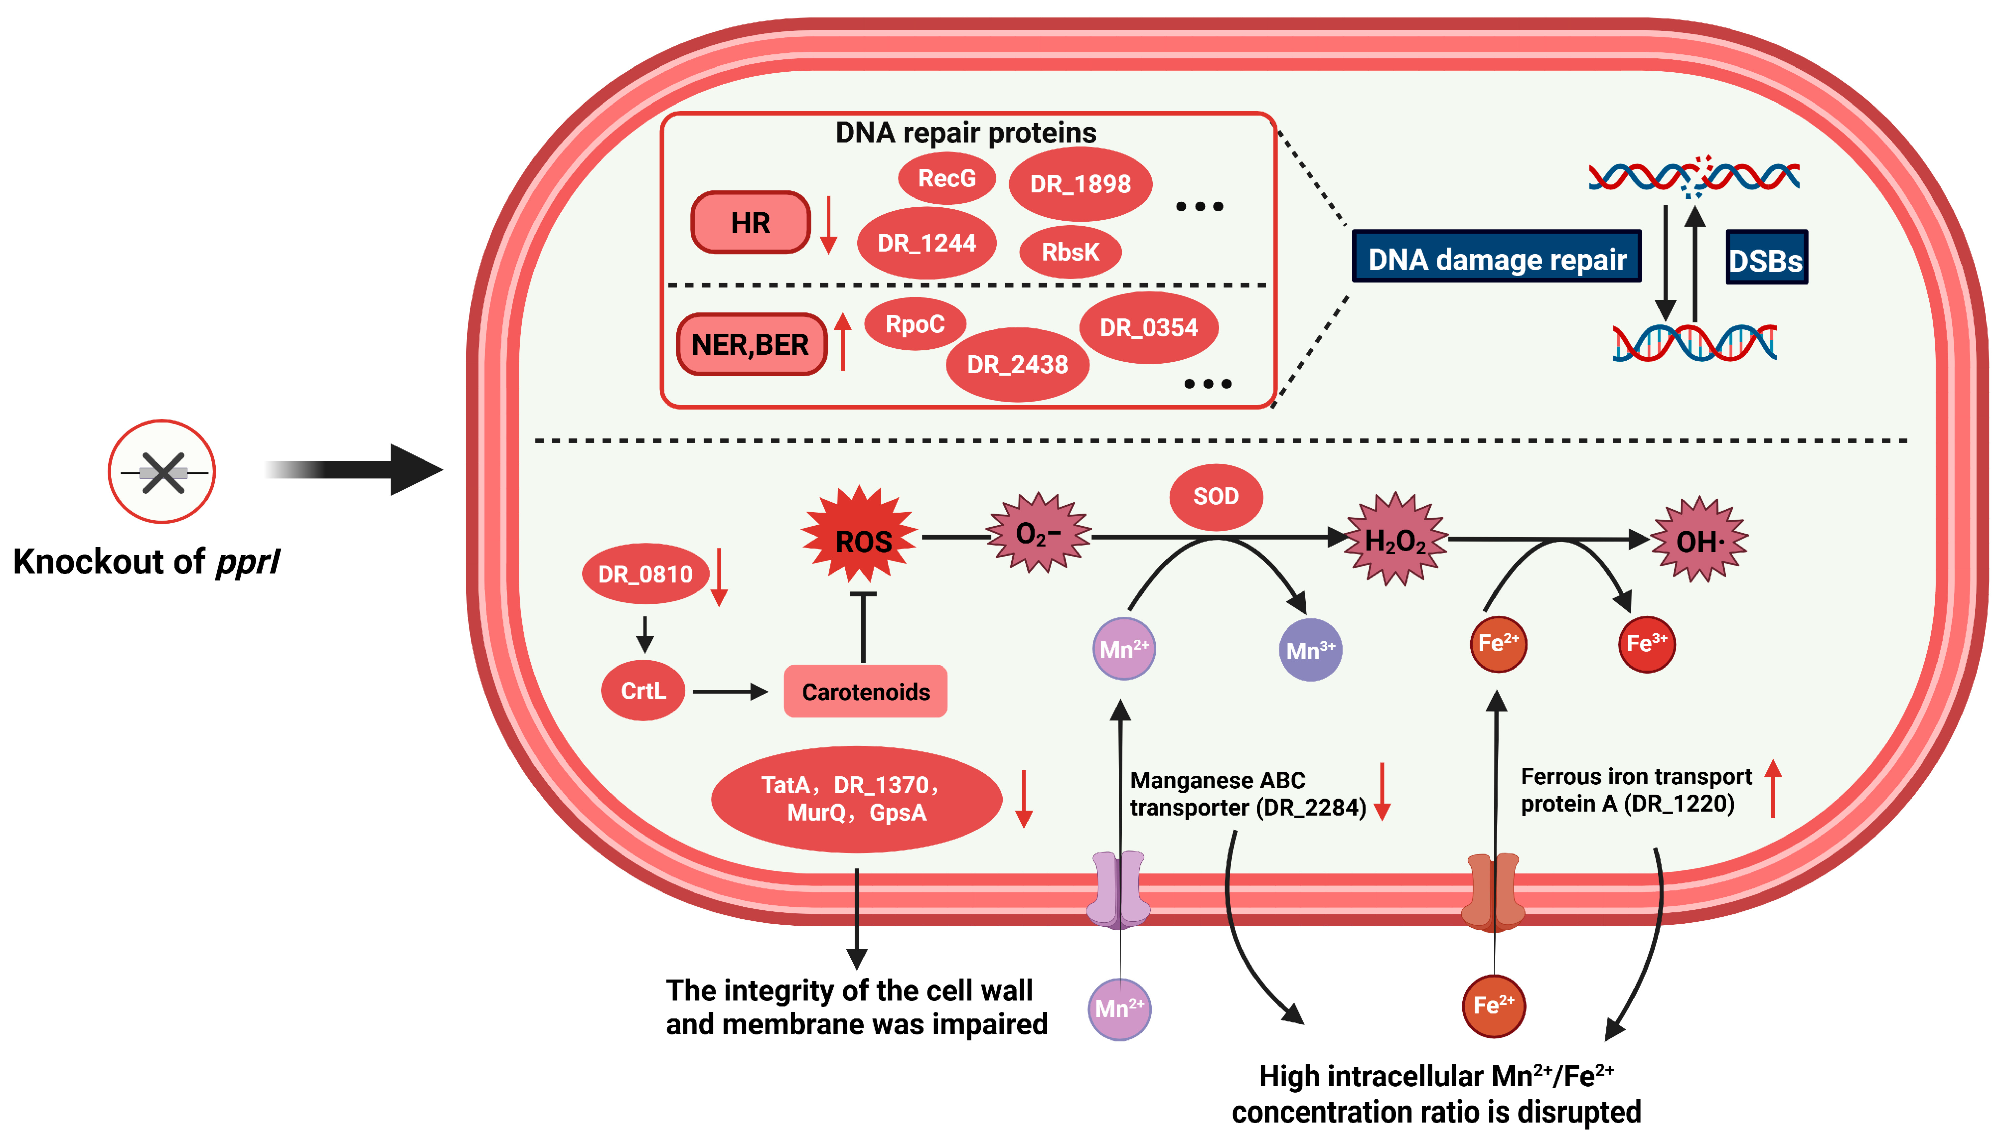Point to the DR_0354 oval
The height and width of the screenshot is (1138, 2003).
pyautogui.click(x=1148, y=327)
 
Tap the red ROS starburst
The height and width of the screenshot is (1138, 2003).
pyautogui.click(x=861, y=539)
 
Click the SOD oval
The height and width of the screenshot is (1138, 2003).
pyautogui.click(x=1215, y=496)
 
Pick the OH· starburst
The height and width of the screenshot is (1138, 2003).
pyautogui.click(x=1699, y=541)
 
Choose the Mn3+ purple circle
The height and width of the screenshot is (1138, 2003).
pyautogui.click(x=1310, y=650)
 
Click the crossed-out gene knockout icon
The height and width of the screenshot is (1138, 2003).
pyautogui.click(x=162, y=472)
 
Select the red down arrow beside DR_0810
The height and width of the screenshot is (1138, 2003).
pyautogui.click(x=719, y=578)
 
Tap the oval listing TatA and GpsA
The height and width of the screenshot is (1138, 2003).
pyautogui.click(x=856, y=799)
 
